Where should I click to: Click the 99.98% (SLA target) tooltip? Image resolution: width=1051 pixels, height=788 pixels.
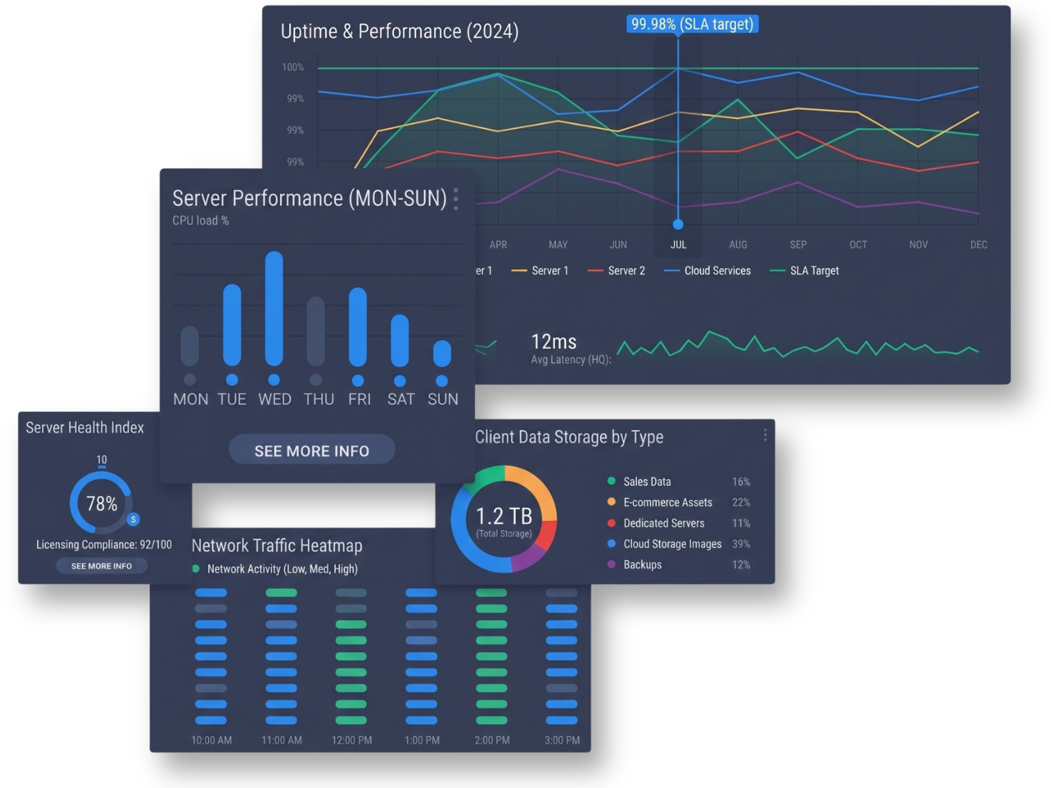[x=692, y=24]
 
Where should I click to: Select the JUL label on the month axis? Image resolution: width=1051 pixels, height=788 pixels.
[x=678, y=244]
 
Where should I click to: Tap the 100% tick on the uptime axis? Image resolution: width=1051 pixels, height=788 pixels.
[x=293, y=67]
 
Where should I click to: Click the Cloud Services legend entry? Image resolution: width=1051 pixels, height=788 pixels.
[x=707, y=271]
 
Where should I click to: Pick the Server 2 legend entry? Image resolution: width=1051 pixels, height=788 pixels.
[x=616, y=271]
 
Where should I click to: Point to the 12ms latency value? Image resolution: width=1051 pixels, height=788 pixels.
[x=554, y=342]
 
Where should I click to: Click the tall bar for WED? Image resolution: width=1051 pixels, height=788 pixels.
[x=274, y=309]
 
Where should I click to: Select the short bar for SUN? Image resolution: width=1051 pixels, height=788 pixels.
[x=442, y=354]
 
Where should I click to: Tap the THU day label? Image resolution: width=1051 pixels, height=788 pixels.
[x=319, y=399]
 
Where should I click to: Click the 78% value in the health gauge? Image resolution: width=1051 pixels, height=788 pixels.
[x=102, y=504]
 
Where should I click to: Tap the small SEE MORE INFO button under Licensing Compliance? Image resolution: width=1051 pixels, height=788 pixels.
[x=102, y=566]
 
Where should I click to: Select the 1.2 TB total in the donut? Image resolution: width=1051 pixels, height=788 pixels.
[x=504, y=516]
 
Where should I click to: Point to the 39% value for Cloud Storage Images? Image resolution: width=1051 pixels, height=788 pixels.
[x=741, y=544]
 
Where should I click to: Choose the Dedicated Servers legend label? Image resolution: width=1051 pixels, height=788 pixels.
[x=664, y=523]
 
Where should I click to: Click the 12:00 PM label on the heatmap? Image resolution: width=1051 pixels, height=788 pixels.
[x=352, y=740]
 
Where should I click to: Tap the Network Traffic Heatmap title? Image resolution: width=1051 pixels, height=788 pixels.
[x=277, y=546]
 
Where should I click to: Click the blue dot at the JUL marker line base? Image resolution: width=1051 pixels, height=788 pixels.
[x=678, y=224]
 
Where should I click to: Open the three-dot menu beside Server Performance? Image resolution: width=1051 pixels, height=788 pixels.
[x=456, y=199]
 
